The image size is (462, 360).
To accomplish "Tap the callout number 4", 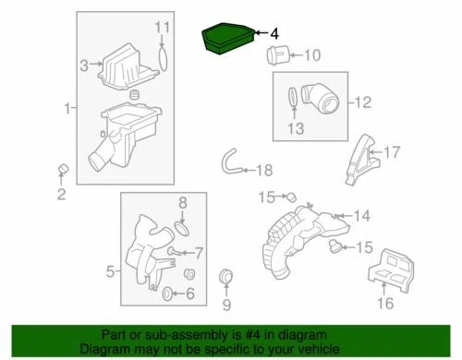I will pos(274,32).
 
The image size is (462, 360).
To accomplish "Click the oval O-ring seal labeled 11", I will pos(164,55).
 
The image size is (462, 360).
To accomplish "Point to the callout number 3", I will pos(83,65).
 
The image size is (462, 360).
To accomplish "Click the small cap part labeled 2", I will pos(63,168).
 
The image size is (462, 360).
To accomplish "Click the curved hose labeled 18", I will pos(231,163).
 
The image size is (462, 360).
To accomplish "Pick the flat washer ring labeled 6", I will pos(167,294).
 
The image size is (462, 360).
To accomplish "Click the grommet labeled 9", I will pos(225,277).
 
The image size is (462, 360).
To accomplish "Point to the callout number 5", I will pos(110,271).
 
